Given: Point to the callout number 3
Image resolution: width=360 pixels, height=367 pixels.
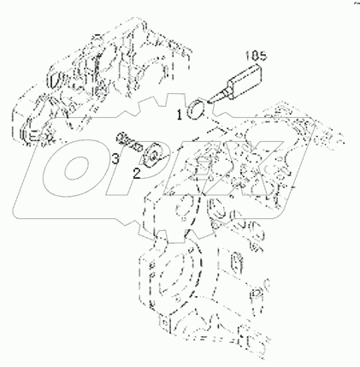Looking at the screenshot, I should click(114, 158).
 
